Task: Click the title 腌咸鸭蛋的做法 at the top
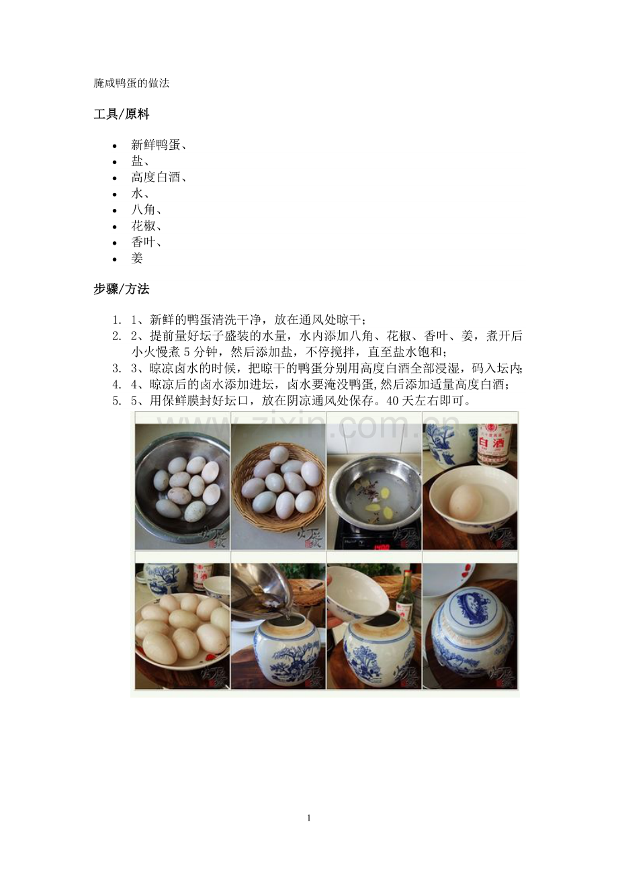coord(131,83)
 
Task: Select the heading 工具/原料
coord(121,114)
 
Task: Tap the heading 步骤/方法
coord(121,289)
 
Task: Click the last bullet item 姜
coord(137,258)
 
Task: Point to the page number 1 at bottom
coord(308,818)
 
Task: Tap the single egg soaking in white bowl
coord(466,502)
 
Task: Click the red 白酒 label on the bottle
coord(494,444)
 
